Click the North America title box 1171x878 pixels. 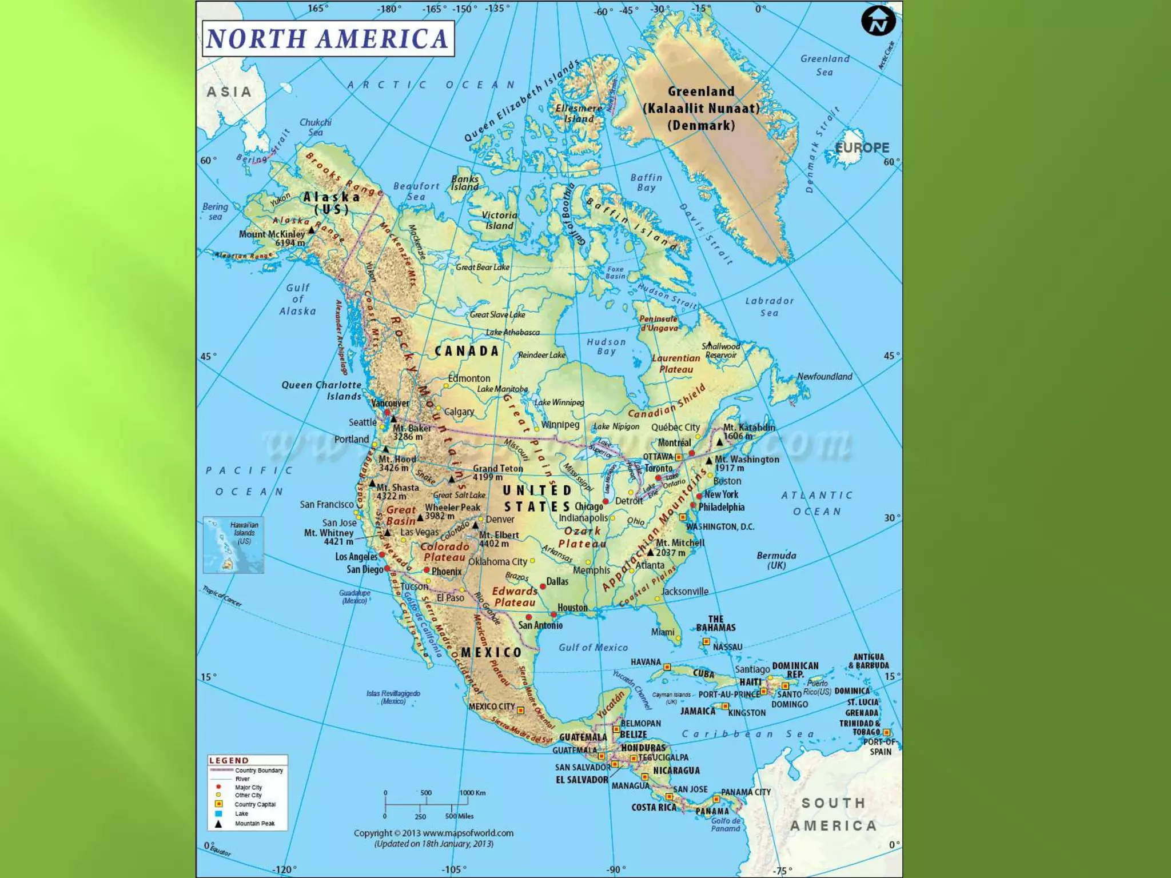pyautogui.click(x=328, y=38)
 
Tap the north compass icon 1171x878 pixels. pyautogui.click(x=878, y=22)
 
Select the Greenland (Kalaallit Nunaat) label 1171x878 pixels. pyautogui.click(x=701, y=108)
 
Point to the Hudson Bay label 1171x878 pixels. pyautogui.click(x=606, y=346)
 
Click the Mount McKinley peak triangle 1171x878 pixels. pyautogui.click(x=312, y=230)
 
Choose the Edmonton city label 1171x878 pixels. pyautogui.click(x=469, y=378)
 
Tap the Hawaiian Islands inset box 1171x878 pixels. pyautogui.click(x=233, y=545)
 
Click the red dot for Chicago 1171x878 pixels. pyautogui.click(x=606, y=501)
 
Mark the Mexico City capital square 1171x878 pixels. pyautogui.click(x=520, y=711)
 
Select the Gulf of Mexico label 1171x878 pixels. pyautogui.click(x=593, y=647)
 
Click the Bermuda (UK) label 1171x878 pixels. pyautogui.click(x=776, y=560)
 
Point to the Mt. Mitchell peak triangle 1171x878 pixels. pyautogui.click(x=650, y=552)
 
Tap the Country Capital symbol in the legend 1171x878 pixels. pyautogui.click(x=218, y=804)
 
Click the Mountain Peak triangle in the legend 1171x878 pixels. pyautogui.click(x=218, y=824)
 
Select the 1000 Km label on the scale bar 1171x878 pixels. pyautogui.click(x=472, y=793)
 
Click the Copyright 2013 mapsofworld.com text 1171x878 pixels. pyautogui.click(x=433, y=833)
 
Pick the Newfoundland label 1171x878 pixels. pyautogui.click(x=825, y=376)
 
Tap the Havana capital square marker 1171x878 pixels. pyautogui.click(x=667, y=667)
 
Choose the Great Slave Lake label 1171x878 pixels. pyautogui.click(x=497, y=314)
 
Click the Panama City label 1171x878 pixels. pyautogui.click(x=746, y=792)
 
